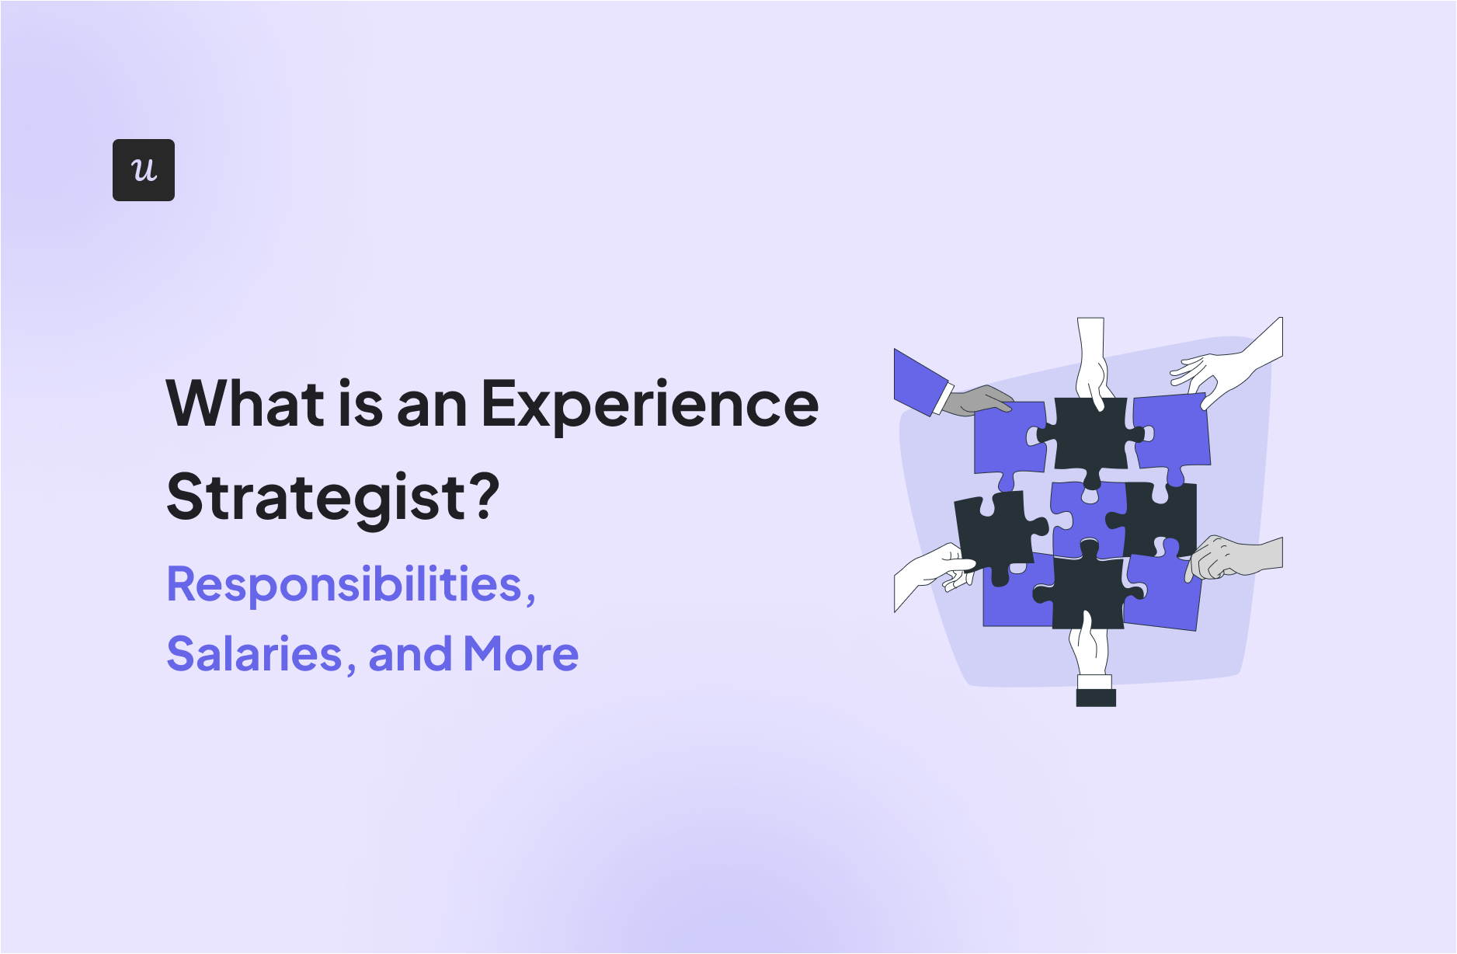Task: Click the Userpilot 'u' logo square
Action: (x=144, y=170)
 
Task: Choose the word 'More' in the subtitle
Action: (x=520, y=654)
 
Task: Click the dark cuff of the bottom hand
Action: (x=1096, y=697)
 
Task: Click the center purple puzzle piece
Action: (x=1085, y=519)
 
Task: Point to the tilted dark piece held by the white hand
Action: (x=995, y=532)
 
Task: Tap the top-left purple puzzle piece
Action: (x=1007, y=439)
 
